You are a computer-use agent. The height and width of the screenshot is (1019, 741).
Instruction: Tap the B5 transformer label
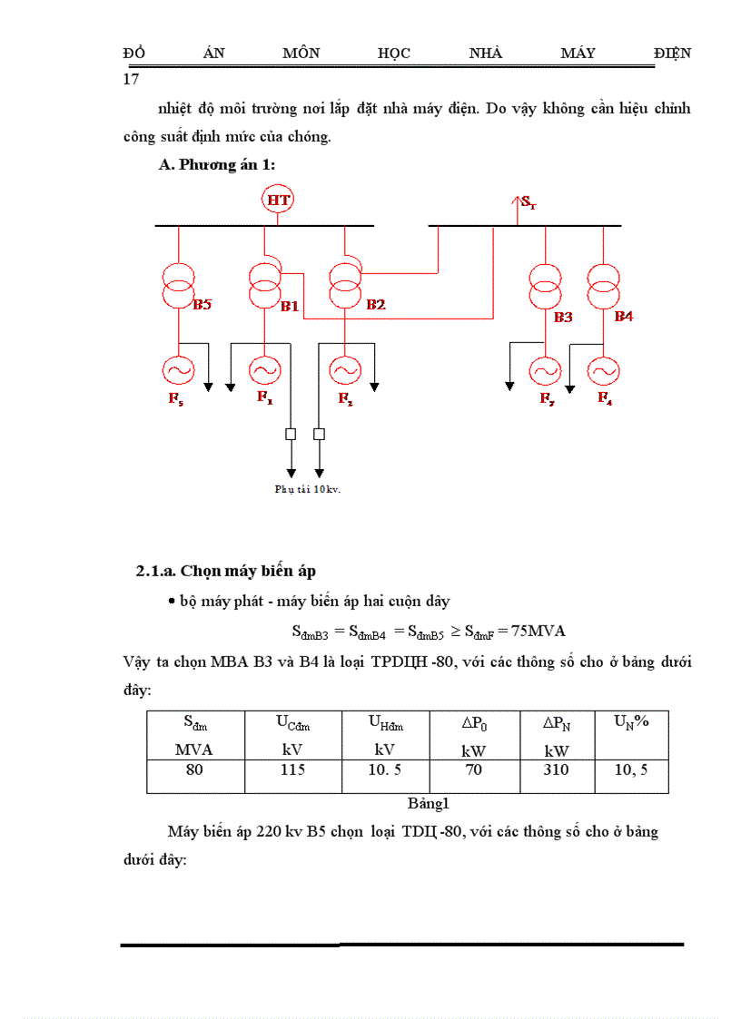click(202, 305)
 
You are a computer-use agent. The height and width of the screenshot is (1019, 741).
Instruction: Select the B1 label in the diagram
click(289, 307)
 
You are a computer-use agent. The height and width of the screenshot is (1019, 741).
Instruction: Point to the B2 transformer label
click(376, 305)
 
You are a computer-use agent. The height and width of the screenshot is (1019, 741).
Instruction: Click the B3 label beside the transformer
click(564, 317)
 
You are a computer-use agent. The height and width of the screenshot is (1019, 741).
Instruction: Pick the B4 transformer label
click(624, 316)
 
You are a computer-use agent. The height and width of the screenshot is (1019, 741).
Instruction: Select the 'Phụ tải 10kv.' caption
click(307, 488)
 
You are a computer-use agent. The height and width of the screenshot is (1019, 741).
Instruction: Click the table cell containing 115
click(292, 769)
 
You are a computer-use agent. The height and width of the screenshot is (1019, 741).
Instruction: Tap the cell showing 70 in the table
click(473, 769)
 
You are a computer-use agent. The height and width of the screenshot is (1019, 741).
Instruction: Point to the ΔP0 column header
click(473, 723)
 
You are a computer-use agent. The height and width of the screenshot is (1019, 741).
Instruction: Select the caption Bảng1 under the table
click(429, 803)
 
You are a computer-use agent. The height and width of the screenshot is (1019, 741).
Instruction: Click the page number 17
click(131, 79)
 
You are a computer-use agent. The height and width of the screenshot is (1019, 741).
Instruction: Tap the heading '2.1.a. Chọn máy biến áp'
click(226, 571)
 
